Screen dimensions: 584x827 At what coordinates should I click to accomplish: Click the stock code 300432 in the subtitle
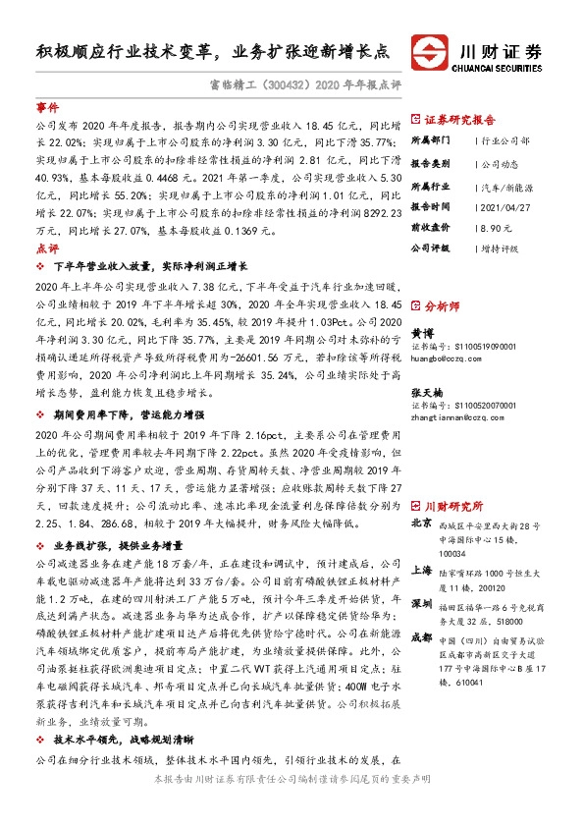point(283,84)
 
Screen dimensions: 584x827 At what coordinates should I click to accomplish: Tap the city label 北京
point(421,524)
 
